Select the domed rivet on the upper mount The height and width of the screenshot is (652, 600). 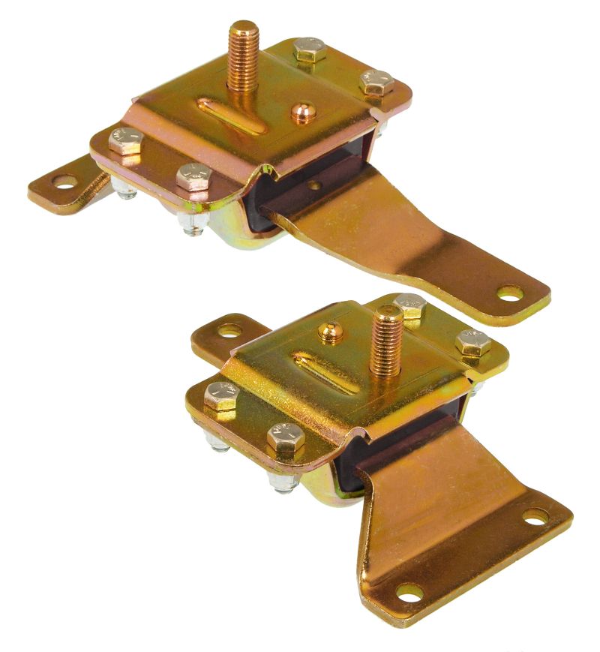click(x=303, y=112)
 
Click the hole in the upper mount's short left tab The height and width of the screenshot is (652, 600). click(x=64, y=181)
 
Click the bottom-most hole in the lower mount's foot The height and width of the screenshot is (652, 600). click(x=409, y=594)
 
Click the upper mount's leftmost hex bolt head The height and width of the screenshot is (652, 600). click(x=125, y=140)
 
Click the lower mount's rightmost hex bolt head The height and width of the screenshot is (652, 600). click(x=473, y=342)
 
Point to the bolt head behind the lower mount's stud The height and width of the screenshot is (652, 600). click(x=410, y=305)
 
